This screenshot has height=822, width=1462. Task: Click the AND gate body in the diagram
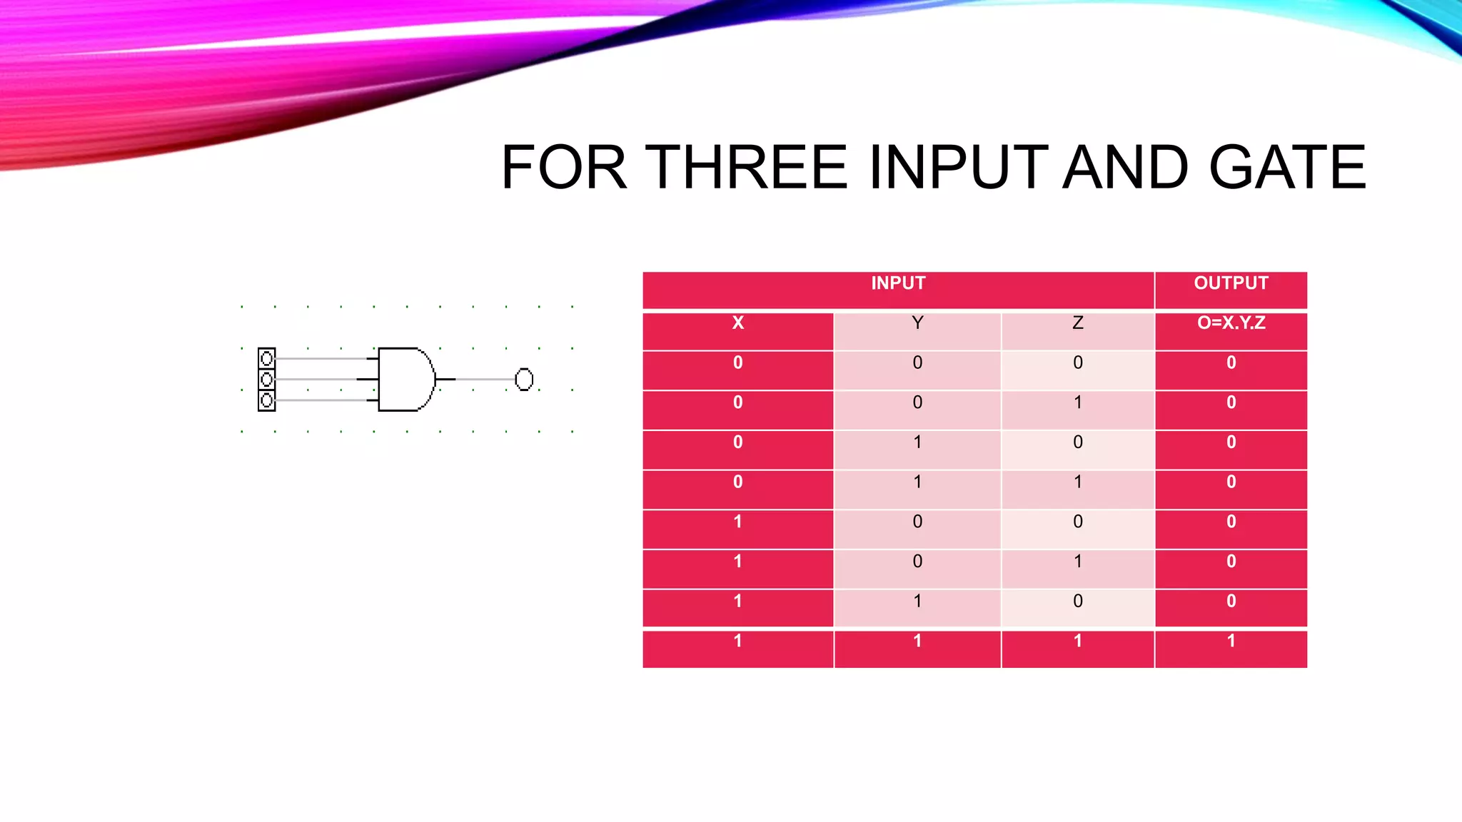click(404, 379)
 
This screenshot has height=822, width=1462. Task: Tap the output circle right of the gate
click(524, 379)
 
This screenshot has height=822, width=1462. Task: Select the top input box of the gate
click(266, 358)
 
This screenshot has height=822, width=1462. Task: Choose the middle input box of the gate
click(266, 379)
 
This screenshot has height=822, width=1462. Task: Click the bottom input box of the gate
click(266, 400)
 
